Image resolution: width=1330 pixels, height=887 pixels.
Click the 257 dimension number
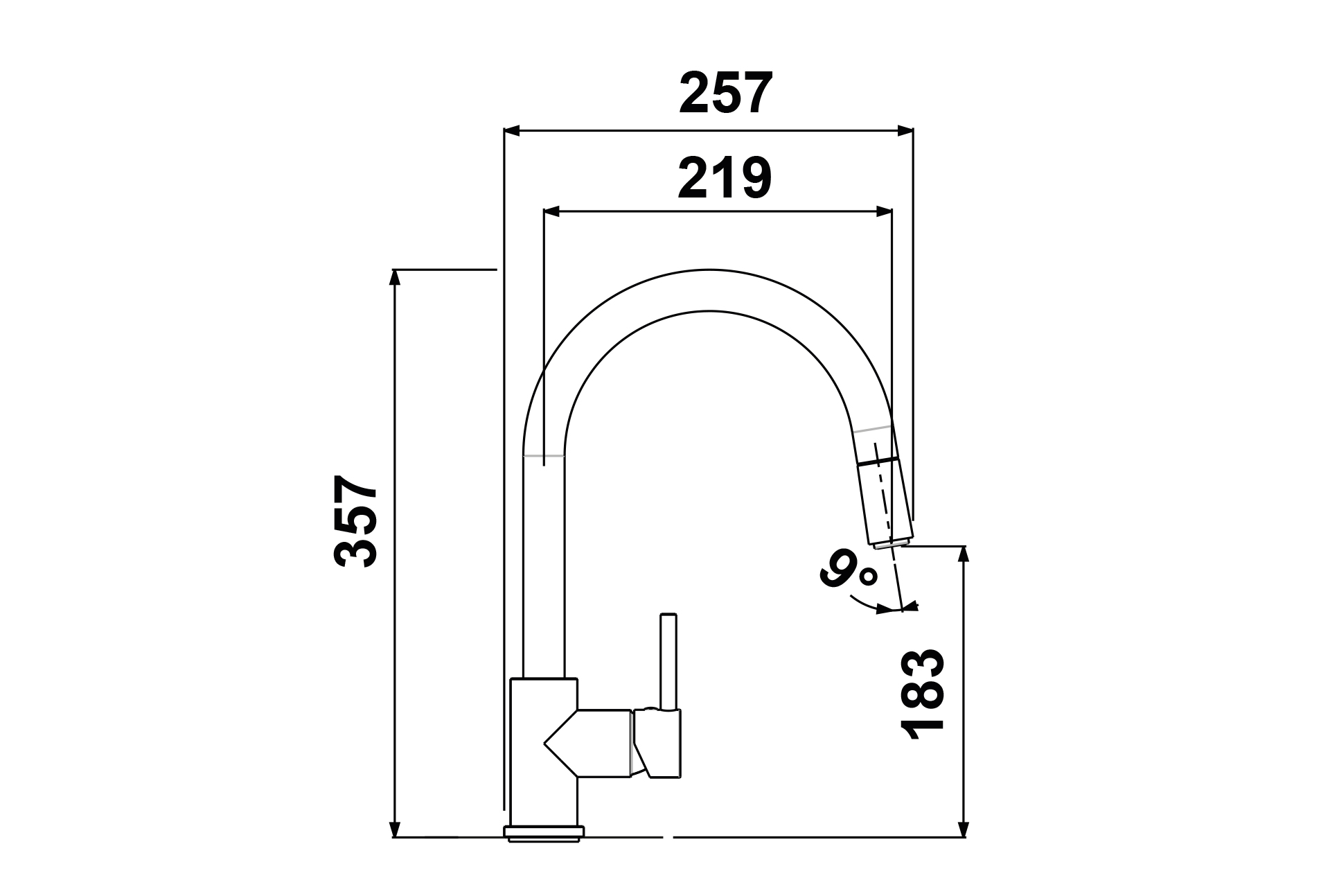pos(725,94)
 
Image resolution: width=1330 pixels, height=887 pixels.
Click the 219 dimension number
pos(725,178)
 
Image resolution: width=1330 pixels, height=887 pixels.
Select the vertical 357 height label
pos(356,521)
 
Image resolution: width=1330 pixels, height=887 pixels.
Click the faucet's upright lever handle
pos(668,662)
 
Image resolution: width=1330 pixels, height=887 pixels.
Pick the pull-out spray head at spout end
pos(884,503)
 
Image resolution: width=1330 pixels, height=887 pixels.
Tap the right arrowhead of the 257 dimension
pos(905,130)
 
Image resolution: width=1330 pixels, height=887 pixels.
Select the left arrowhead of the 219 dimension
pos(552,211)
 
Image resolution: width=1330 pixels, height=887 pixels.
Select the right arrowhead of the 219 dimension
pos(884,211)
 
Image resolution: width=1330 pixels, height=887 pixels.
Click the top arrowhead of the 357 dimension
pos(395,277)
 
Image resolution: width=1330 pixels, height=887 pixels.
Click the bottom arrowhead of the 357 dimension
pos(395,829)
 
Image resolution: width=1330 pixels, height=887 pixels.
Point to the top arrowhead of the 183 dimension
pos(962,555)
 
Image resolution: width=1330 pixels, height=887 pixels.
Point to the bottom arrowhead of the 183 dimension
pos(962,829)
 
